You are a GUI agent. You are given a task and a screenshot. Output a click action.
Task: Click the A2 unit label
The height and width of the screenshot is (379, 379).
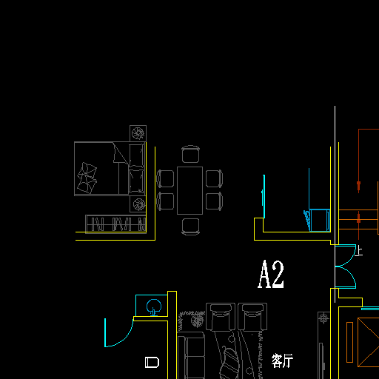point(271,274)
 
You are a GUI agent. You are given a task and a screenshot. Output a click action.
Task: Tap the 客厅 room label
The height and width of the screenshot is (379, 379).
point(282,360)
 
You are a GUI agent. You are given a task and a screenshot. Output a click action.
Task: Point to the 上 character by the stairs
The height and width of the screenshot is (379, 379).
point(359,252)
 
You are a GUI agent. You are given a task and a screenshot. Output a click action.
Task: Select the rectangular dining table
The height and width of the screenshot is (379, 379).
point(189,190)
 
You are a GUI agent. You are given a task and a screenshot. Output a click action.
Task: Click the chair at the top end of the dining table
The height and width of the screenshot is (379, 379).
point(190,154)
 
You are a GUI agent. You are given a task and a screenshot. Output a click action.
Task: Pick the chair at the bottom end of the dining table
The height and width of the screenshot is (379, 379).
point(190,227)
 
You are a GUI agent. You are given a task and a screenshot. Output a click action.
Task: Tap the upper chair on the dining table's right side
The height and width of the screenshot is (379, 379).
point(214,178)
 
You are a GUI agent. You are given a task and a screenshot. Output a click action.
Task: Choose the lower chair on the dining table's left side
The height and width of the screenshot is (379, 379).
point(165,201)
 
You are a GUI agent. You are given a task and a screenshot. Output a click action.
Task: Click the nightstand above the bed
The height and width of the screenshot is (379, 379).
point(138,133)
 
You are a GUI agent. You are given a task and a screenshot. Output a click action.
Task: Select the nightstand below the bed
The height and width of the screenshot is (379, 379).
point(138,204)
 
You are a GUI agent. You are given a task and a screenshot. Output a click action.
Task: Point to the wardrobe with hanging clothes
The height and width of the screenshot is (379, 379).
point(115,224)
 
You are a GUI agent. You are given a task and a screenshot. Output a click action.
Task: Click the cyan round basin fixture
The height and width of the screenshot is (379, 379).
point(154,306)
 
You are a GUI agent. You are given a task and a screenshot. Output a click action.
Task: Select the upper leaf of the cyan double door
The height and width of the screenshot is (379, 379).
point(346,255)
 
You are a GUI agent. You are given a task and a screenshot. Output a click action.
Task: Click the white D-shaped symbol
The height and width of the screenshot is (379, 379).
point(152,362)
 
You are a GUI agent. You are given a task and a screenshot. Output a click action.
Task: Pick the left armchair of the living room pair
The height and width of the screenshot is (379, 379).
point(221,317)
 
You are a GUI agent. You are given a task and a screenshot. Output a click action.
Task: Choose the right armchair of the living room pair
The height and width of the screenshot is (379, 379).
point(252,317)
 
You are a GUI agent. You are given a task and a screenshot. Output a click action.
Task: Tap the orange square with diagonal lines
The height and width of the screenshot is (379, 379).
point(368,342)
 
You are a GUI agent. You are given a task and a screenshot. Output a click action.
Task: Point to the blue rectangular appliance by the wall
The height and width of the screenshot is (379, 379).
point(319,220)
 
